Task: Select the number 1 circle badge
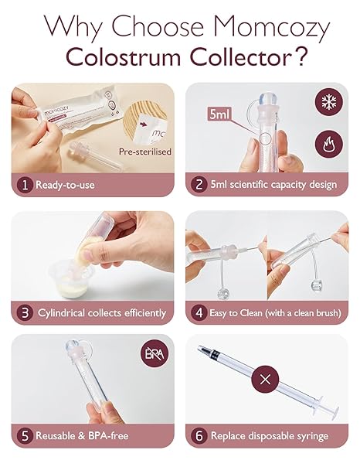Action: pyautogui.click(x=25, y=186)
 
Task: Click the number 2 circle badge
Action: pyautogui.click(x=199, y=186)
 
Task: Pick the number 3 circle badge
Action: pyautogui.click(x=25, y=312)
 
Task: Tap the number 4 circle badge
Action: pyautogui.click(x=199, y=312)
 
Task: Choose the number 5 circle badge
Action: pyautogui.click(x=25, y=436)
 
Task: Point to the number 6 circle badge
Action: pyautogui.click(x=199, y=436)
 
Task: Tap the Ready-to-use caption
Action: pyautogui.click(x=66, y=186)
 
